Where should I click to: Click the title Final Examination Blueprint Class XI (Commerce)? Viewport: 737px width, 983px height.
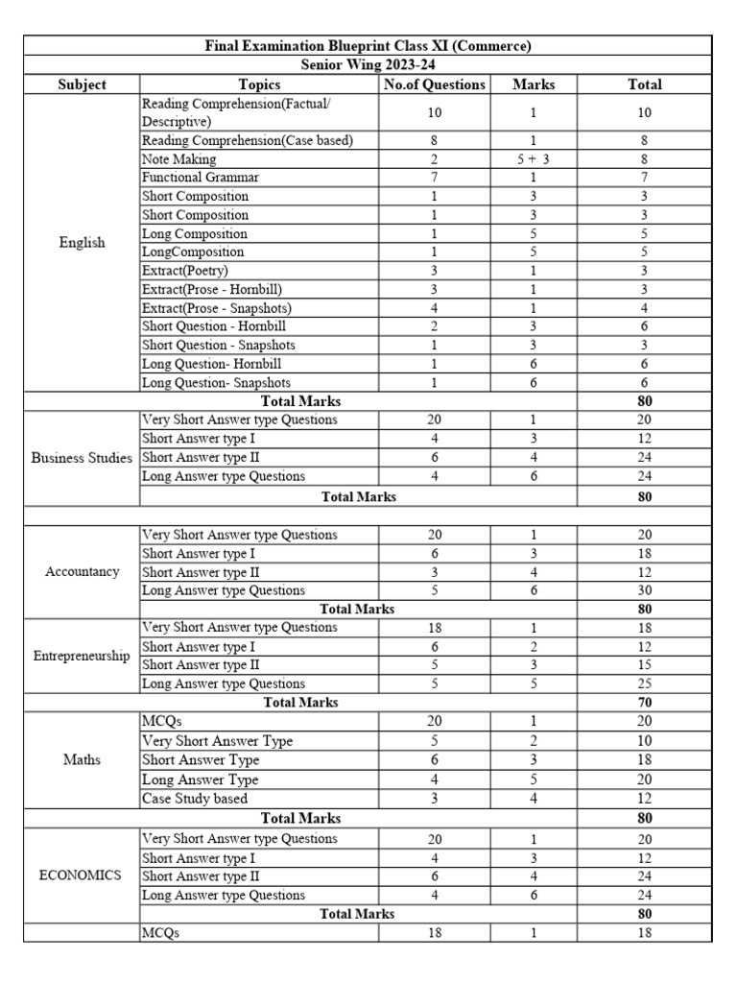(x=368, y=46)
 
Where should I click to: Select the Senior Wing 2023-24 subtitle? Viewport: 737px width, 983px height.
(x=368, y=64)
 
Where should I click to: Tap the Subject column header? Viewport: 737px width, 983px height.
(x=82, y=84)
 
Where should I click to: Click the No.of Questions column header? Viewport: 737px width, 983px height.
(x=435, y=84)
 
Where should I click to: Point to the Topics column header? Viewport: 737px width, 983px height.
(x=259, y=84)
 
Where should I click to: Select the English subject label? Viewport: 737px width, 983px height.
(x=82, y=243)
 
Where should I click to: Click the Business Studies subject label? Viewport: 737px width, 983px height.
(x=82, y=458)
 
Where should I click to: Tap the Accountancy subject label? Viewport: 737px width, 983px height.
(x=82, y=571)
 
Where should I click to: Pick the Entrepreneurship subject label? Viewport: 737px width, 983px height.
(x=82, y=656)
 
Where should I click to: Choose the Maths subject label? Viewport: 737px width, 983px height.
(x=82, y=759)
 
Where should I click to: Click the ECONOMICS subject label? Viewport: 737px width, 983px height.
(x=82, y=875)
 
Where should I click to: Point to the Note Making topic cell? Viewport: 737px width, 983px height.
(x=179, y=159)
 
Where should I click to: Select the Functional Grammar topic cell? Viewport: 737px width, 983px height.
(x=200, y=178)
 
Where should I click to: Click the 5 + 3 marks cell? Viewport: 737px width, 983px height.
(x=534, y=159)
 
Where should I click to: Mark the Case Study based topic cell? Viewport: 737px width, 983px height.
(x=195, y=798)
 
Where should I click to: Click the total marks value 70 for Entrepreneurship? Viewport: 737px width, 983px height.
(x=645, y=703)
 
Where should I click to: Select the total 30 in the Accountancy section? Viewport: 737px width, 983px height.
(x=645, y=590)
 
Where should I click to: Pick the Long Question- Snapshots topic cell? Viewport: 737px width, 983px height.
(x=216, y=382)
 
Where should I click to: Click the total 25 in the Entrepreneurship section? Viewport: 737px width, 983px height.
(x=645, y=683)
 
